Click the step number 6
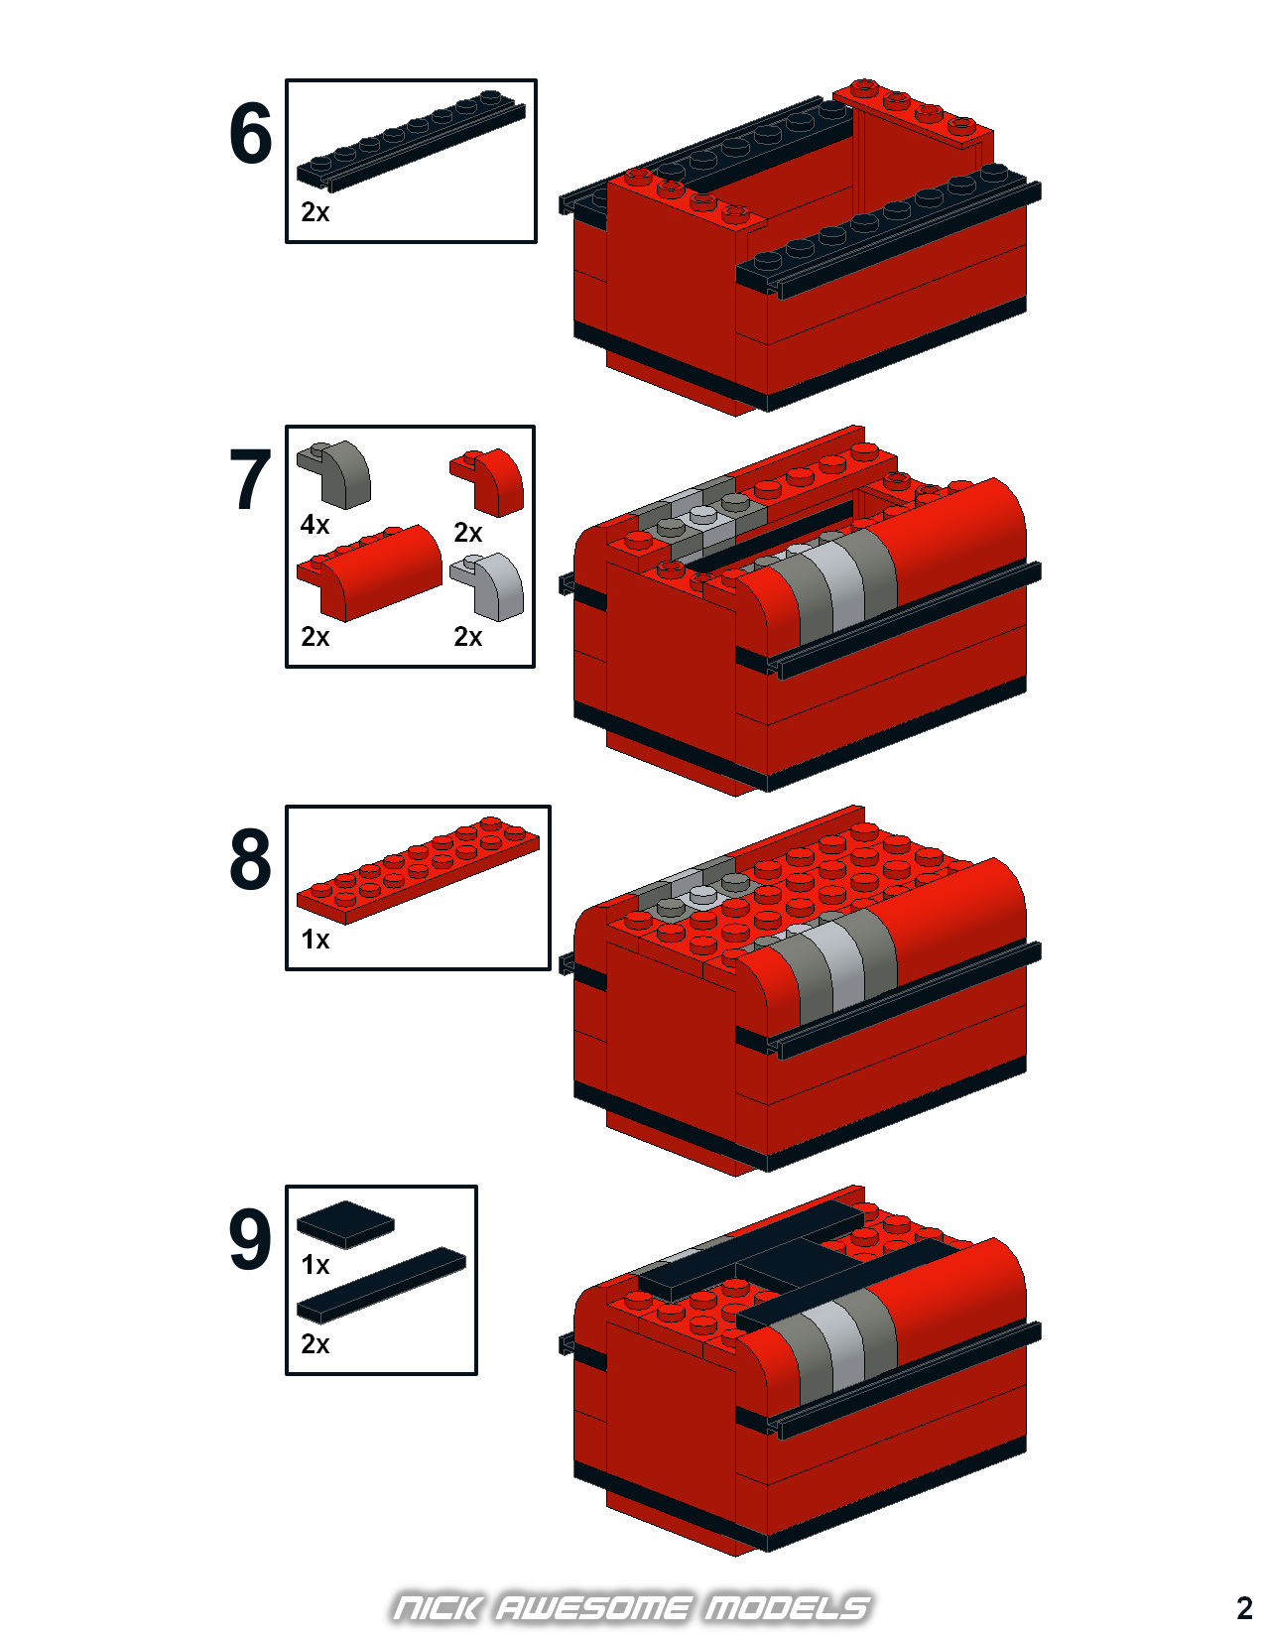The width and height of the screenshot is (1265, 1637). pos(250,134)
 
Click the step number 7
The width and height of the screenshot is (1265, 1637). pos(250,479)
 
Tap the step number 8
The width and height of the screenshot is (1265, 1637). pos(250,859)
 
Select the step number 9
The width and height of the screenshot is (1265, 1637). pos(250,1239)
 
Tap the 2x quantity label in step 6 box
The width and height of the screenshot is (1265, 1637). pos(315,212)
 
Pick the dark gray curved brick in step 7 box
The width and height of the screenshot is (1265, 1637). pos(333,474)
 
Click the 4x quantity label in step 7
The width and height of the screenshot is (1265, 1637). pos(315,524)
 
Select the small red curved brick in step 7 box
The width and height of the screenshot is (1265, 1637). pos(487,483)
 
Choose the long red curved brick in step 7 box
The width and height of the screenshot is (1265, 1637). pos(369,573)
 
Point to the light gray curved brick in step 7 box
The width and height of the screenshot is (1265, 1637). pos(487,587)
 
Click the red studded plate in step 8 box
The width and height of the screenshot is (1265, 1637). pos(418,870)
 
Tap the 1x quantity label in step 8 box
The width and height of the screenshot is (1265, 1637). pos(315,940)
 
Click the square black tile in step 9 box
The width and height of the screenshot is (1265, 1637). pos(345,1224)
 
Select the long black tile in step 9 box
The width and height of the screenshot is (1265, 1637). pos(381,1285)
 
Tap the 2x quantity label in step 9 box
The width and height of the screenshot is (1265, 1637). pos(315,1344)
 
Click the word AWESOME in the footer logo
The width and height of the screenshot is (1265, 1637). pos(592,1607)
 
